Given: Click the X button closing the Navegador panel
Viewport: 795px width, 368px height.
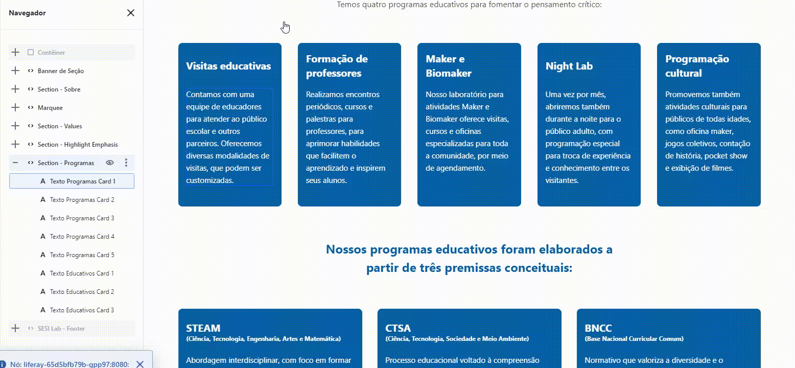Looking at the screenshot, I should [x=131, y=13].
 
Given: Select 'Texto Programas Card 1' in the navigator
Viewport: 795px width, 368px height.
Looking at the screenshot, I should [x=82, y=181].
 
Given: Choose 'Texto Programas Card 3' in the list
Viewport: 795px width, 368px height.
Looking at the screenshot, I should [x=82, y=218].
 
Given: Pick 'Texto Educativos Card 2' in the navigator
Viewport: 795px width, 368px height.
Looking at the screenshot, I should [x=82, y=292].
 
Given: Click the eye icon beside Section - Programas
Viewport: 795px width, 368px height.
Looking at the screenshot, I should [x=109, y=163].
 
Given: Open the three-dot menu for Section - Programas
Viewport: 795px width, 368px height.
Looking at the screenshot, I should [x=126, y=163].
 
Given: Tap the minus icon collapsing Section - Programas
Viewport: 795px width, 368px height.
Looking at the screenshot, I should [x=15, y=163].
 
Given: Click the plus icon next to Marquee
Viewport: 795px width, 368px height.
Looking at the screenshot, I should [x=15, y=108].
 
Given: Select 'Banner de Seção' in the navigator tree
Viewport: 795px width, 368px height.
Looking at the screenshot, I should [x=60, y=71].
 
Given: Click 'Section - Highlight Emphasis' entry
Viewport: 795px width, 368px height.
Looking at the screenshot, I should [x=78, y=145].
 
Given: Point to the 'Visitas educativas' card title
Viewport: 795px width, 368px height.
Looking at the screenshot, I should [x=228, y=66].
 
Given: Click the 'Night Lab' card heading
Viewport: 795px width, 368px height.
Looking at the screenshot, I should [x=569, y=66].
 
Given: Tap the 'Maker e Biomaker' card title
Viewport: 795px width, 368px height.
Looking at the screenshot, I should [x=449, y=66].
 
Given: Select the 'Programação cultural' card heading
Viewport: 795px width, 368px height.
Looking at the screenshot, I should [x=697, y=66].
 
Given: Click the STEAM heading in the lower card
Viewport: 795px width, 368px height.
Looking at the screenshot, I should [x=203, y=328].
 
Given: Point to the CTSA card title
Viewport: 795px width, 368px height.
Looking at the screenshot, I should [x=398, y=328].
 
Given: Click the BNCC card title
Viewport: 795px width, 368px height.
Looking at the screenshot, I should [x=598, y=328].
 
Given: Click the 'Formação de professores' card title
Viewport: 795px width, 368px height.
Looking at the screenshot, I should [x=337, y=66].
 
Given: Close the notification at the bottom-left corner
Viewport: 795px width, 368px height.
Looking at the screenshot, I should [x=140, y=364].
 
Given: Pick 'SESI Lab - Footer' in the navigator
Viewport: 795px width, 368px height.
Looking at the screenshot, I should [x=61, y=329].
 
